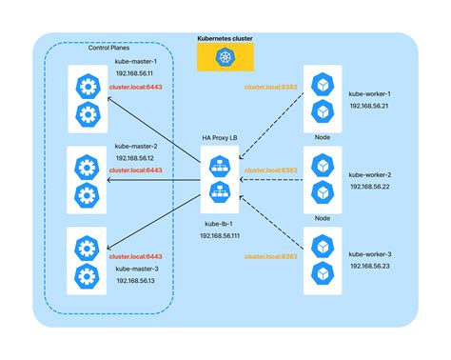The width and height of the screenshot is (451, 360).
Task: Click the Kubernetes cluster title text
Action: (226, 40)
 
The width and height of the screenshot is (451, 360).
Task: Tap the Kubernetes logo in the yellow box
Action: (226, 60)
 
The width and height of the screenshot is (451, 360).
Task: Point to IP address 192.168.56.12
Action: (134, 158)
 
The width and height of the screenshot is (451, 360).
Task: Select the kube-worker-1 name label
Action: (369, 93)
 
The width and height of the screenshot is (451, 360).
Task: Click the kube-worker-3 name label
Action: (369, 253)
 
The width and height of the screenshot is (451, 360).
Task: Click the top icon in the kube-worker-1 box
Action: (320, 83)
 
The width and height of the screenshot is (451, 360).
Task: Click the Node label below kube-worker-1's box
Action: (322, 137)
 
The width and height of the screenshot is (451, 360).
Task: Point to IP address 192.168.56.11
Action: (134, 73)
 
